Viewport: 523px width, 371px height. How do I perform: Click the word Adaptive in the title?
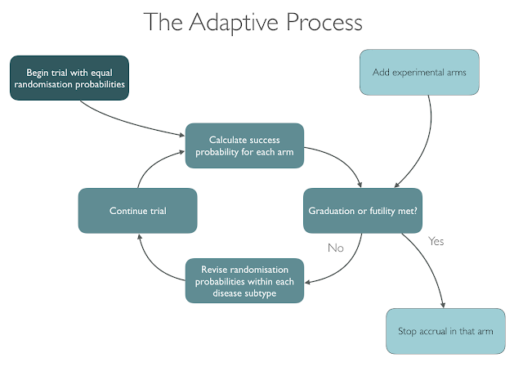pos(234,23)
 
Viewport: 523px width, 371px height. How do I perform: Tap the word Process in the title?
pos(324,22)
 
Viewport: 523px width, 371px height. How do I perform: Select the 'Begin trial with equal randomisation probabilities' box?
pos(69,78)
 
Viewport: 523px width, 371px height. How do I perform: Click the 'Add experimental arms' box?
pos(419,73)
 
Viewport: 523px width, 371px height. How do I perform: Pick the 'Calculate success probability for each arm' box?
pos(244,145)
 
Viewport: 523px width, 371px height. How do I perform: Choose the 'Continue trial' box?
pos(138,211)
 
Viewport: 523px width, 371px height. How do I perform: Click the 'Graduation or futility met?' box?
pos(363,211)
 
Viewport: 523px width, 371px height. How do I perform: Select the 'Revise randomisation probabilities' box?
pos(244,281)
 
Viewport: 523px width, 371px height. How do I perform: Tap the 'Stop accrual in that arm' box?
pos(445,331)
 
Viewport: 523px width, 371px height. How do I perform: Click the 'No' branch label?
pos(336,248)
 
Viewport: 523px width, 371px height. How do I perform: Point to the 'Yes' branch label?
pos(436,241)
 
